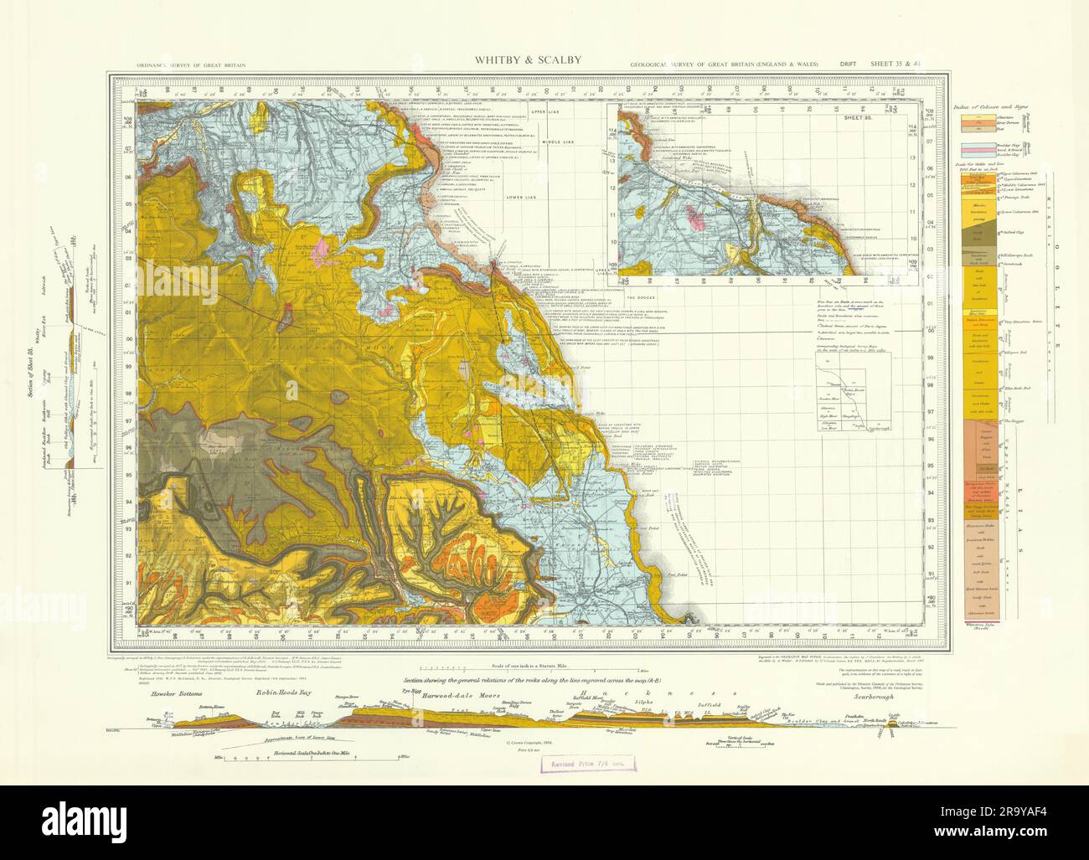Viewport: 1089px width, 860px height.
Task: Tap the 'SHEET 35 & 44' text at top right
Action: [898, 64]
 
